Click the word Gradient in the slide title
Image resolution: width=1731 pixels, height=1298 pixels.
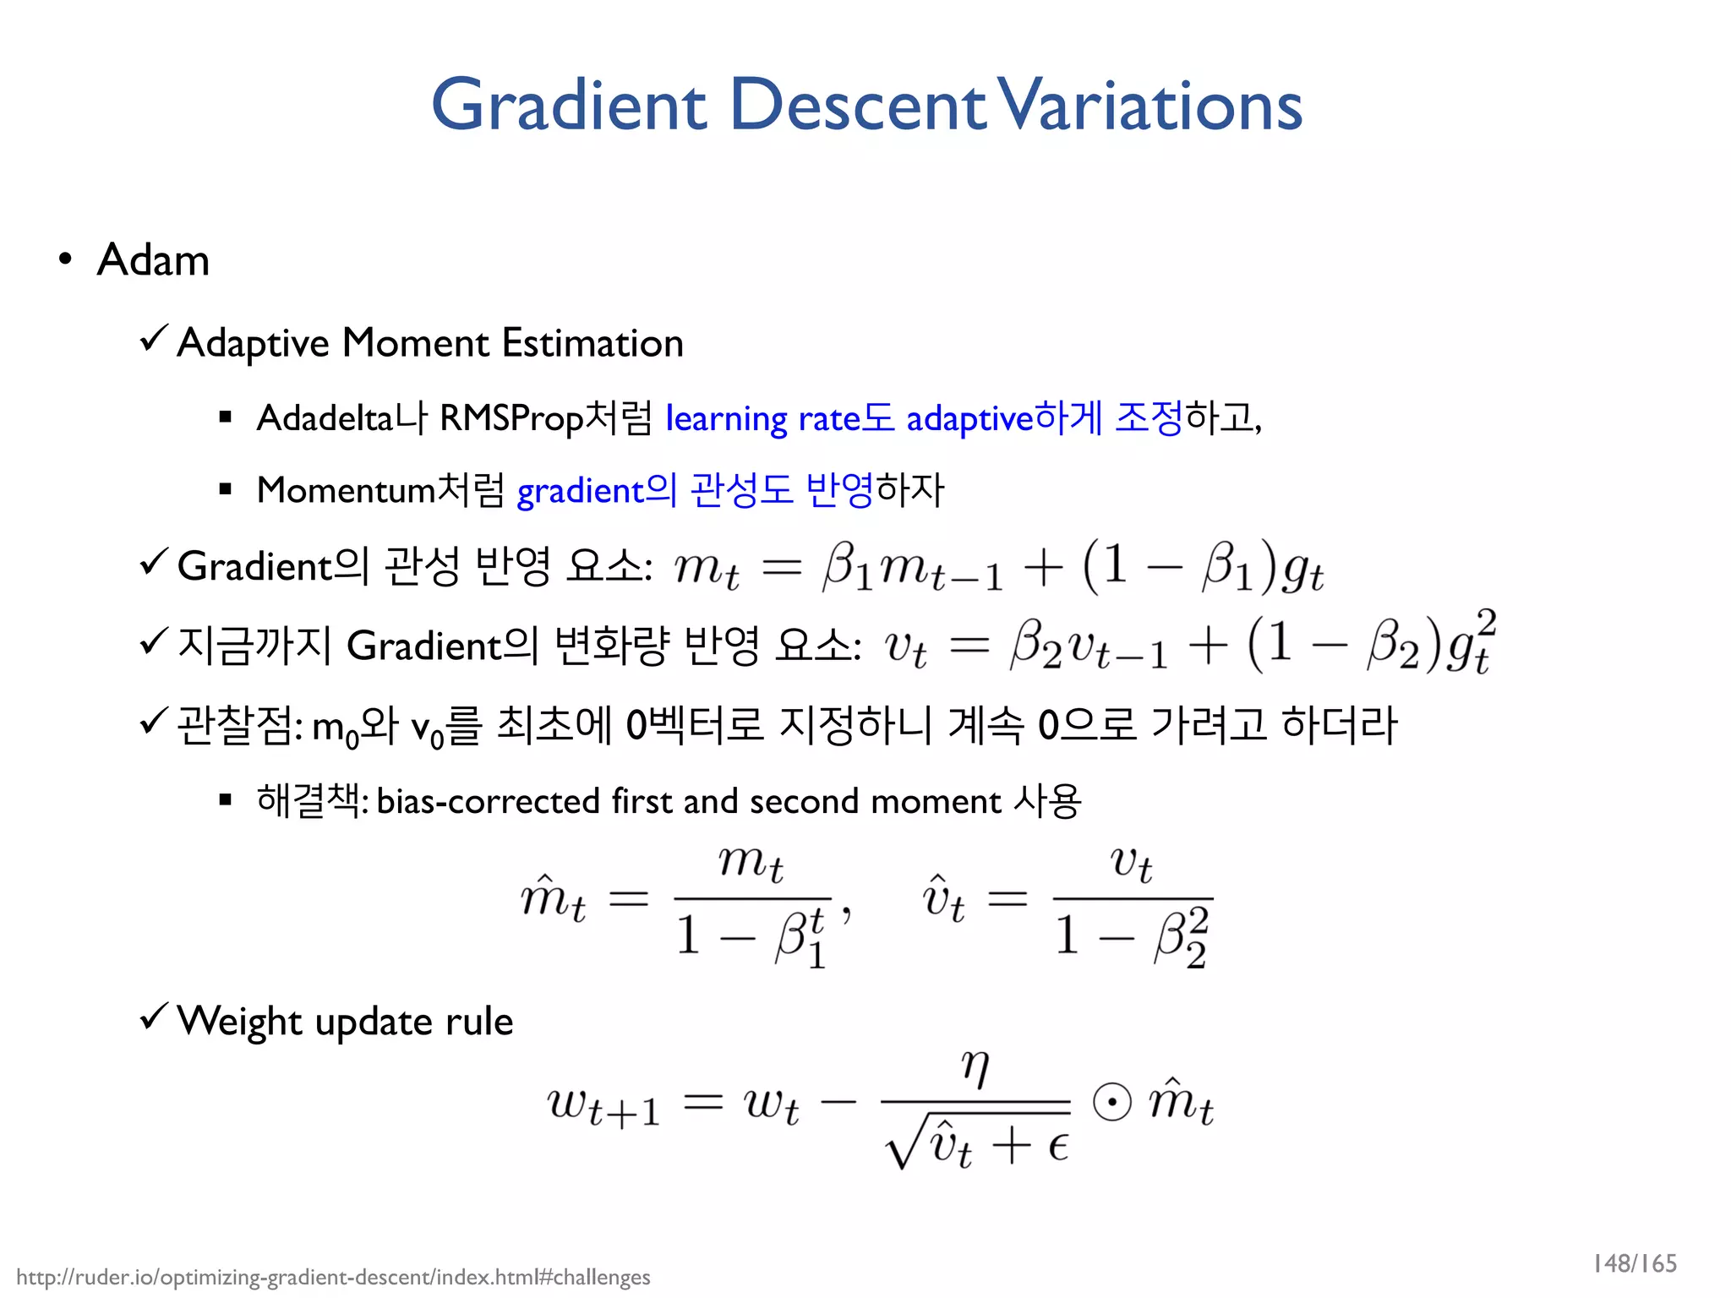[x=569, y=106]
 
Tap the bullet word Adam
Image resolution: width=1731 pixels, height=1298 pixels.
[x=153, y=259]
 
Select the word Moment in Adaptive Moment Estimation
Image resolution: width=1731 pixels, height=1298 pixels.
[x=415, y=343]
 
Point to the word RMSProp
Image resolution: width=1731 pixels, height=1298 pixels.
[x=511, y=418]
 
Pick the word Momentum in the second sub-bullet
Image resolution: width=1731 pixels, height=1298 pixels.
[x=346, y=490]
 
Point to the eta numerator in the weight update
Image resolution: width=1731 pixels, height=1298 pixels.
[x=975, y=1068]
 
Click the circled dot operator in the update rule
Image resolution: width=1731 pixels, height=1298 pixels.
[x=1111, y=1102]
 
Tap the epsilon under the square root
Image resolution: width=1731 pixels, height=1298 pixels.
[x=1057, y=1146]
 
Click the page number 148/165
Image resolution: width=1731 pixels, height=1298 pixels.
[x=1634, y=1263]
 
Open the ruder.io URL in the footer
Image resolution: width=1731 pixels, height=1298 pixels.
[x=333, y=1277]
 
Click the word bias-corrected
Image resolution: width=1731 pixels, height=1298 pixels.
[x=488, y=801]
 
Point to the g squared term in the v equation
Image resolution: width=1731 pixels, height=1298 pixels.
[x=1471, y=644]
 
